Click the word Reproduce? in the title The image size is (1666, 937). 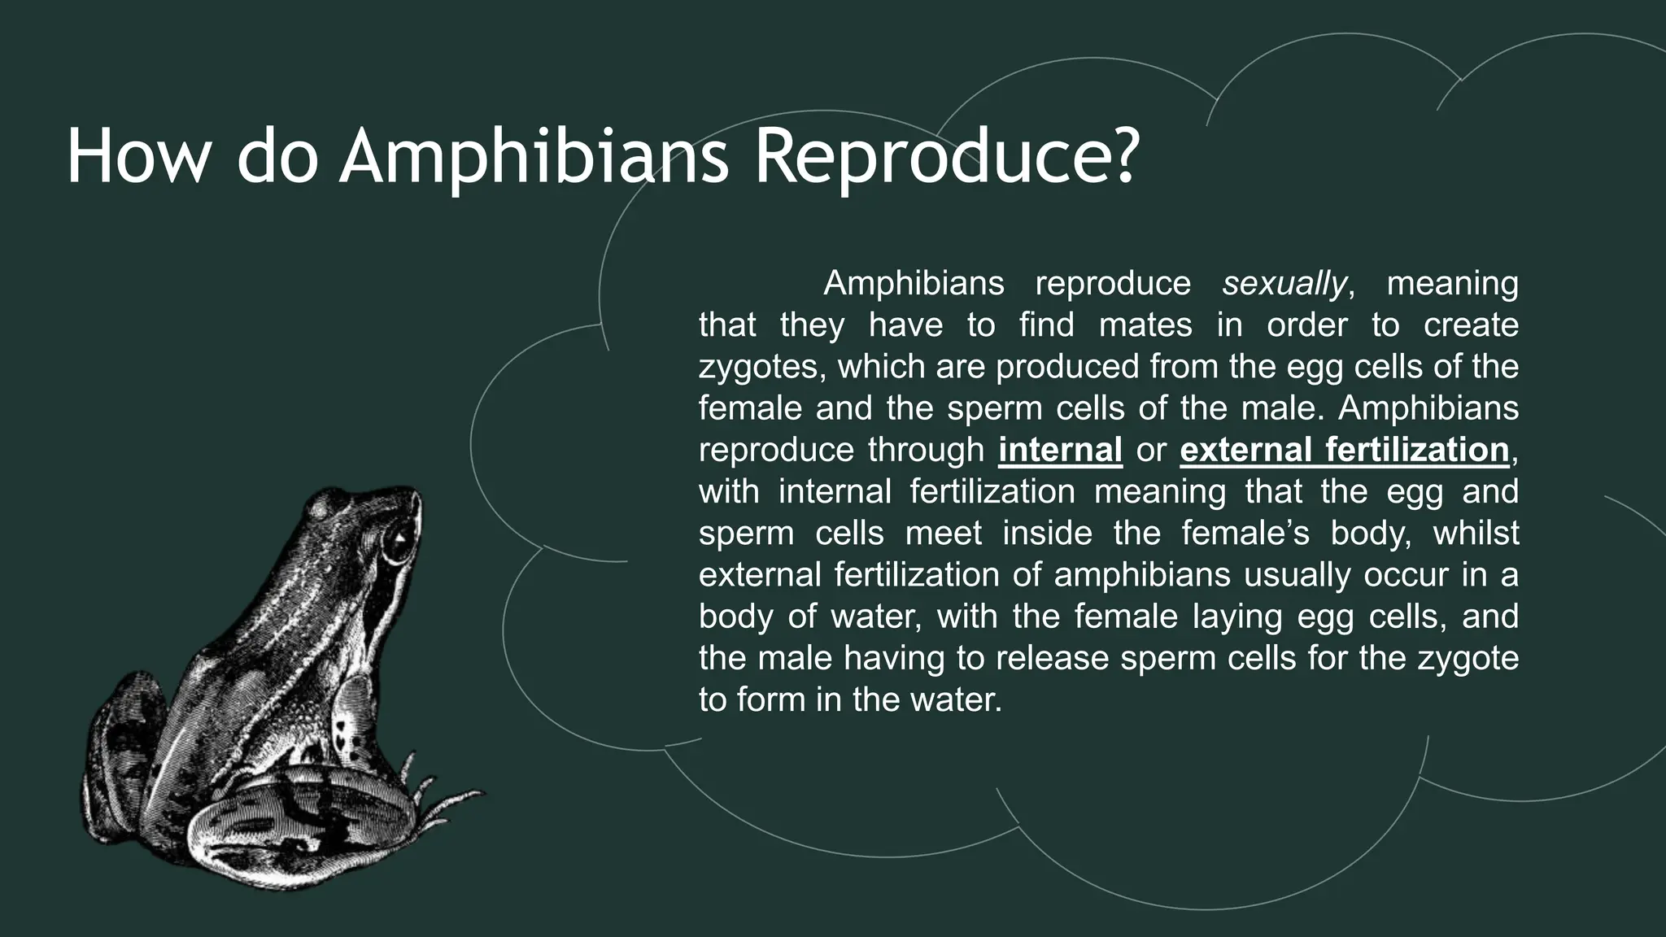[x=944, y=158]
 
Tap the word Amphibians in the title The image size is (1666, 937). [x=533, y=158]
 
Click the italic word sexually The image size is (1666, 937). [x=1284, y=284]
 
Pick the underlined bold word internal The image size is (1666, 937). [x=1060, y=450]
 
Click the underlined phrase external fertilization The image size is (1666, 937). [x=1344, y=450]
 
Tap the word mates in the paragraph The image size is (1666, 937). [x=1145, y=325]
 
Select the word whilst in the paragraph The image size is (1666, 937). [x=1475, y=534]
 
